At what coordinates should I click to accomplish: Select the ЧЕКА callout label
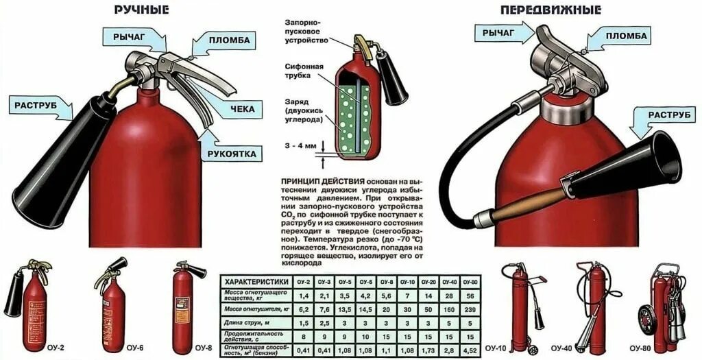242,108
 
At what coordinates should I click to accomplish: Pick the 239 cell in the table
470,309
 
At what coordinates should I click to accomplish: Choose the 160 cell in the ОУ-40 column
449,309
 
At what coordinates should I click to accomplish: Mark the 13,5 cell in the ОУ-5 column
346,309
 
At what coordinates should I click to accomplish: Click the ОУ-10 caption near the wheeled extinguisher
495,348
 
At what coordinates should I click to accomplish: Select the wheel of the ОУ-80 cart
646,320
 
